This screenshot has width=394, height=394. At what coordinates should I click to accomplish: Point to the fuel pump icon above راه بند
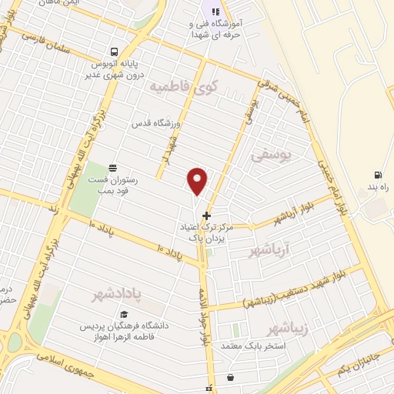point(377,175)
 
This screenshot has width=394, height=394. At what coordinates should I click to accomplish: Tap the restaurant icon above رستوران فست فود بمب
point(113,166)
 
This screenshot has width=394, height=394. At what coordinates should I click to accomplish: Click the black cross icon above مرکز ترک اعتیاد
point(205,215)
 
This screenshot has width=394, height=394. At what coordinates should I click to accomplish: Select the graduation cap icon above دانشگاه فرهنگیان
point(123,314)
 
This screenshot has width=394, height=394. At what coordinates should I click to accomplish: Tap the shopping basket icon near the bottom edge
point(230,377)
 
